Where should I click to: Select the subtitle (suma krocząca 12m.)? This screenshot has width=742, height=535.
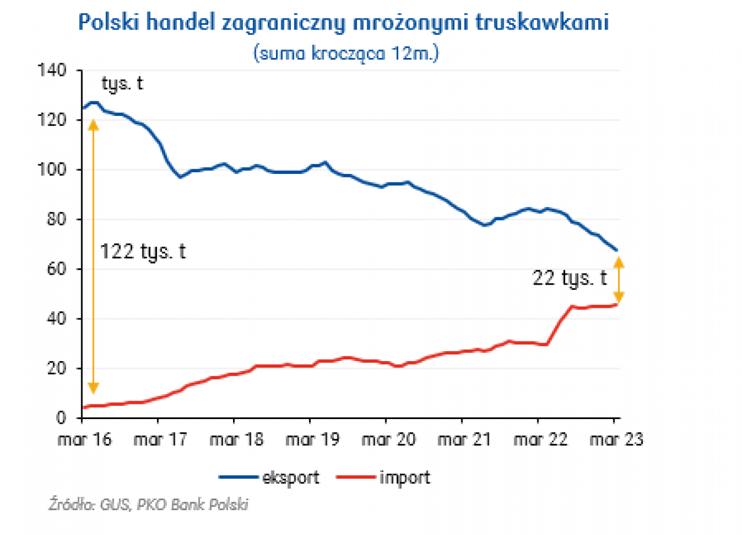(346, 53)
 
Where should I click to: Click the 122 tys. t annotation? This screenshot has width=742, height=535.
(143, 252)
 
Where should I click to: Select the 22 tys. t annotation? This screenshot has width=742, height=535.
(570, 279)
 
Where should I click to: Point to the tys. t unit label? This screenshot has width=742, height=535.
(122, 84)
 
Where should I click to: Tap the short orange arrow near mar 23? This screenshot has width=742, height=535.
(619, 280)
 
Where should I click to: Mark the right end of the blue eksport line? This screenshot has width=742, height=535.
(617, 250)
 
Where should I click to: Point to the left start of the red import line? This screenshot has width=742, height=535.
(85, 407)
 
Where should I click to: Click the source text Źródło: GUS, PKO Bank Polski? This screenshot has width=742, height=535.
(148, 505)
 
